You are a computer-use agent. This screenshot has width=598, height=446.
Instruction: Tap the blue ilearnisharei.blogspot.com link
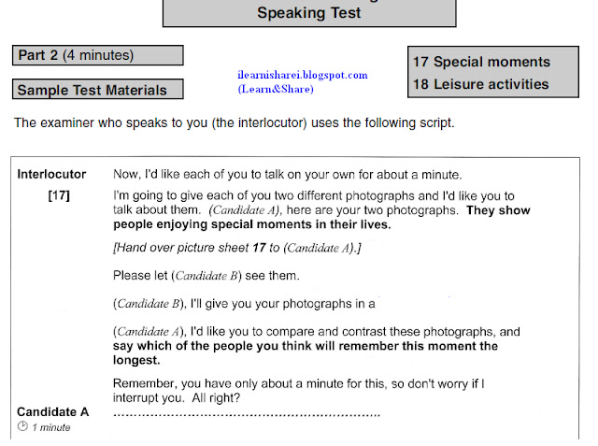pyautogui.click(x=303, y=75)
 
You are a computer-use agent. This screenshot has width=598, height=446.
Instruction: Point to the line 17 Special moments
pyautogui.click(x=481, y=63)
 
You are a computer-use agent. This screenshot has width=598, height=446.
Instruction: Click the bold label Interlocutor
pyautogui.click(x=52, y=174)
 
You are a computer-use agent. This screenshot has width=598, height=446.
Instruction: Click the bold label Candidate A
pyautogui.click(x=53, y=411)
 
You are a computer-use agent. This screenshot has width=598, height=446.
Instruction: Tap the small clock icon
pyautogui.click(x=22, y=427)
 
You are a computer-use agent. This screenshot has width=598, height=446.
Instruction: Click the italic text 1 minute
pyautogui.click(x=51, y=428)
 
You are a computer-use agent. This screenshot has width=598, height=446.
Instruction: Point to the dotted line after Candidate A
pyautogui.click(x=246, y=412)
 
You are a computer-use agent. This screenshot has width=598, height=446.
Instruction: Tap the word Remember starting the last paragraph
pyautogui.click(x=143, y=382)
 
